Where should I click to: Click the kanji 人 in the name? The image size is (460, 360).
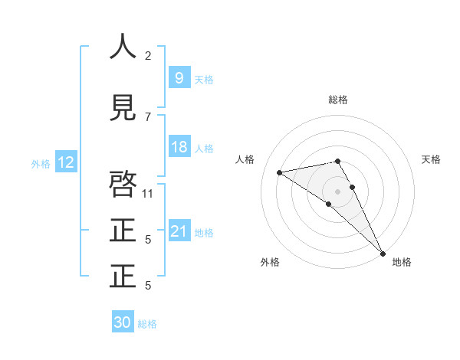pyautogui.click(x=123, y=47)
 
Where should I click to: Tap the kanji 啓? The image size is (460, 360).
pyautogui.click(x=123, y=185)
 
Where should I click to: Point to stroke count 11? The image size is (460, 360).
pyautogui.click(x=148, y=193)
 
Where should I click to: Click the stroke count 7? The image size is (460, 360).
pyautogui.click(x=148, y=116)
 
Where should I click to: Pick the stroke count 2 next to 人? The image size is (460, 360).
pyautogui.click(x=148, y=55)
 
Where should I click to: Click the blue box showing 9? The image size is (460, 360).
pyautogui.click(x=179, y=78)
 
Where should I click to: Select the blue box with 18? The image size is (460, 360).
pyautogui.click(x=179, y=147)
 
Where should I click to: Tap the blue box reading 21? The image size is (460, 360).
pyautogui.click(x=179, y=231)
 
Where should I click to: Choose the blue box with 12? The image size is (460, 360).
pyautogui.click(x=65, y=162)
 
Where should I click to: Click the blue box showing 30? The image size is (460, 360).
pyautogui.click(x=123, y=322)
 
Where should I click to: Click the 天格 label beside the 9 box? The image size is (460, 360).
pyautogui.click(x=204, y=79)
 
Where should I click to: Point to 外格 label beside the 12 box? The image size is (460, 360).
pyautogui.click(x=41, y=163)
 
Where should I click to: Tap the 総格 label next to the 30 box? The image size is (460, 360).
pyautogui.click(x=148, y=323)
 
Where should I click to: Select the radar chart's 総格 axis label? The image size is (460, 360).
pyautogui.click(x=338, y=100)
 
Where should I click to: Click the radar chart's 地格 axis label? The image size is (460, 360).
pyautogui.click(x=402, y=262)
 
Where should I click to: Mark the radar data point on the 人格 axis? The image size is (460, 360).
pyautogui.click(x=279, y=172)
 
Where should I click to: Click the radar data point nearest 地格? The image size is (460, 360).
pyautogui.click(x=383, y=253)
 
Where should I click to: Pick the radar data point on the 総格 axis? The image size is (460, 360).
pyautogui.click(x=338, y=161)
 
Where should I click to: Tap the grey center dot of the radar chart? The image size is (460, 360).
pyautogui.click(x=338, y=191)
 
